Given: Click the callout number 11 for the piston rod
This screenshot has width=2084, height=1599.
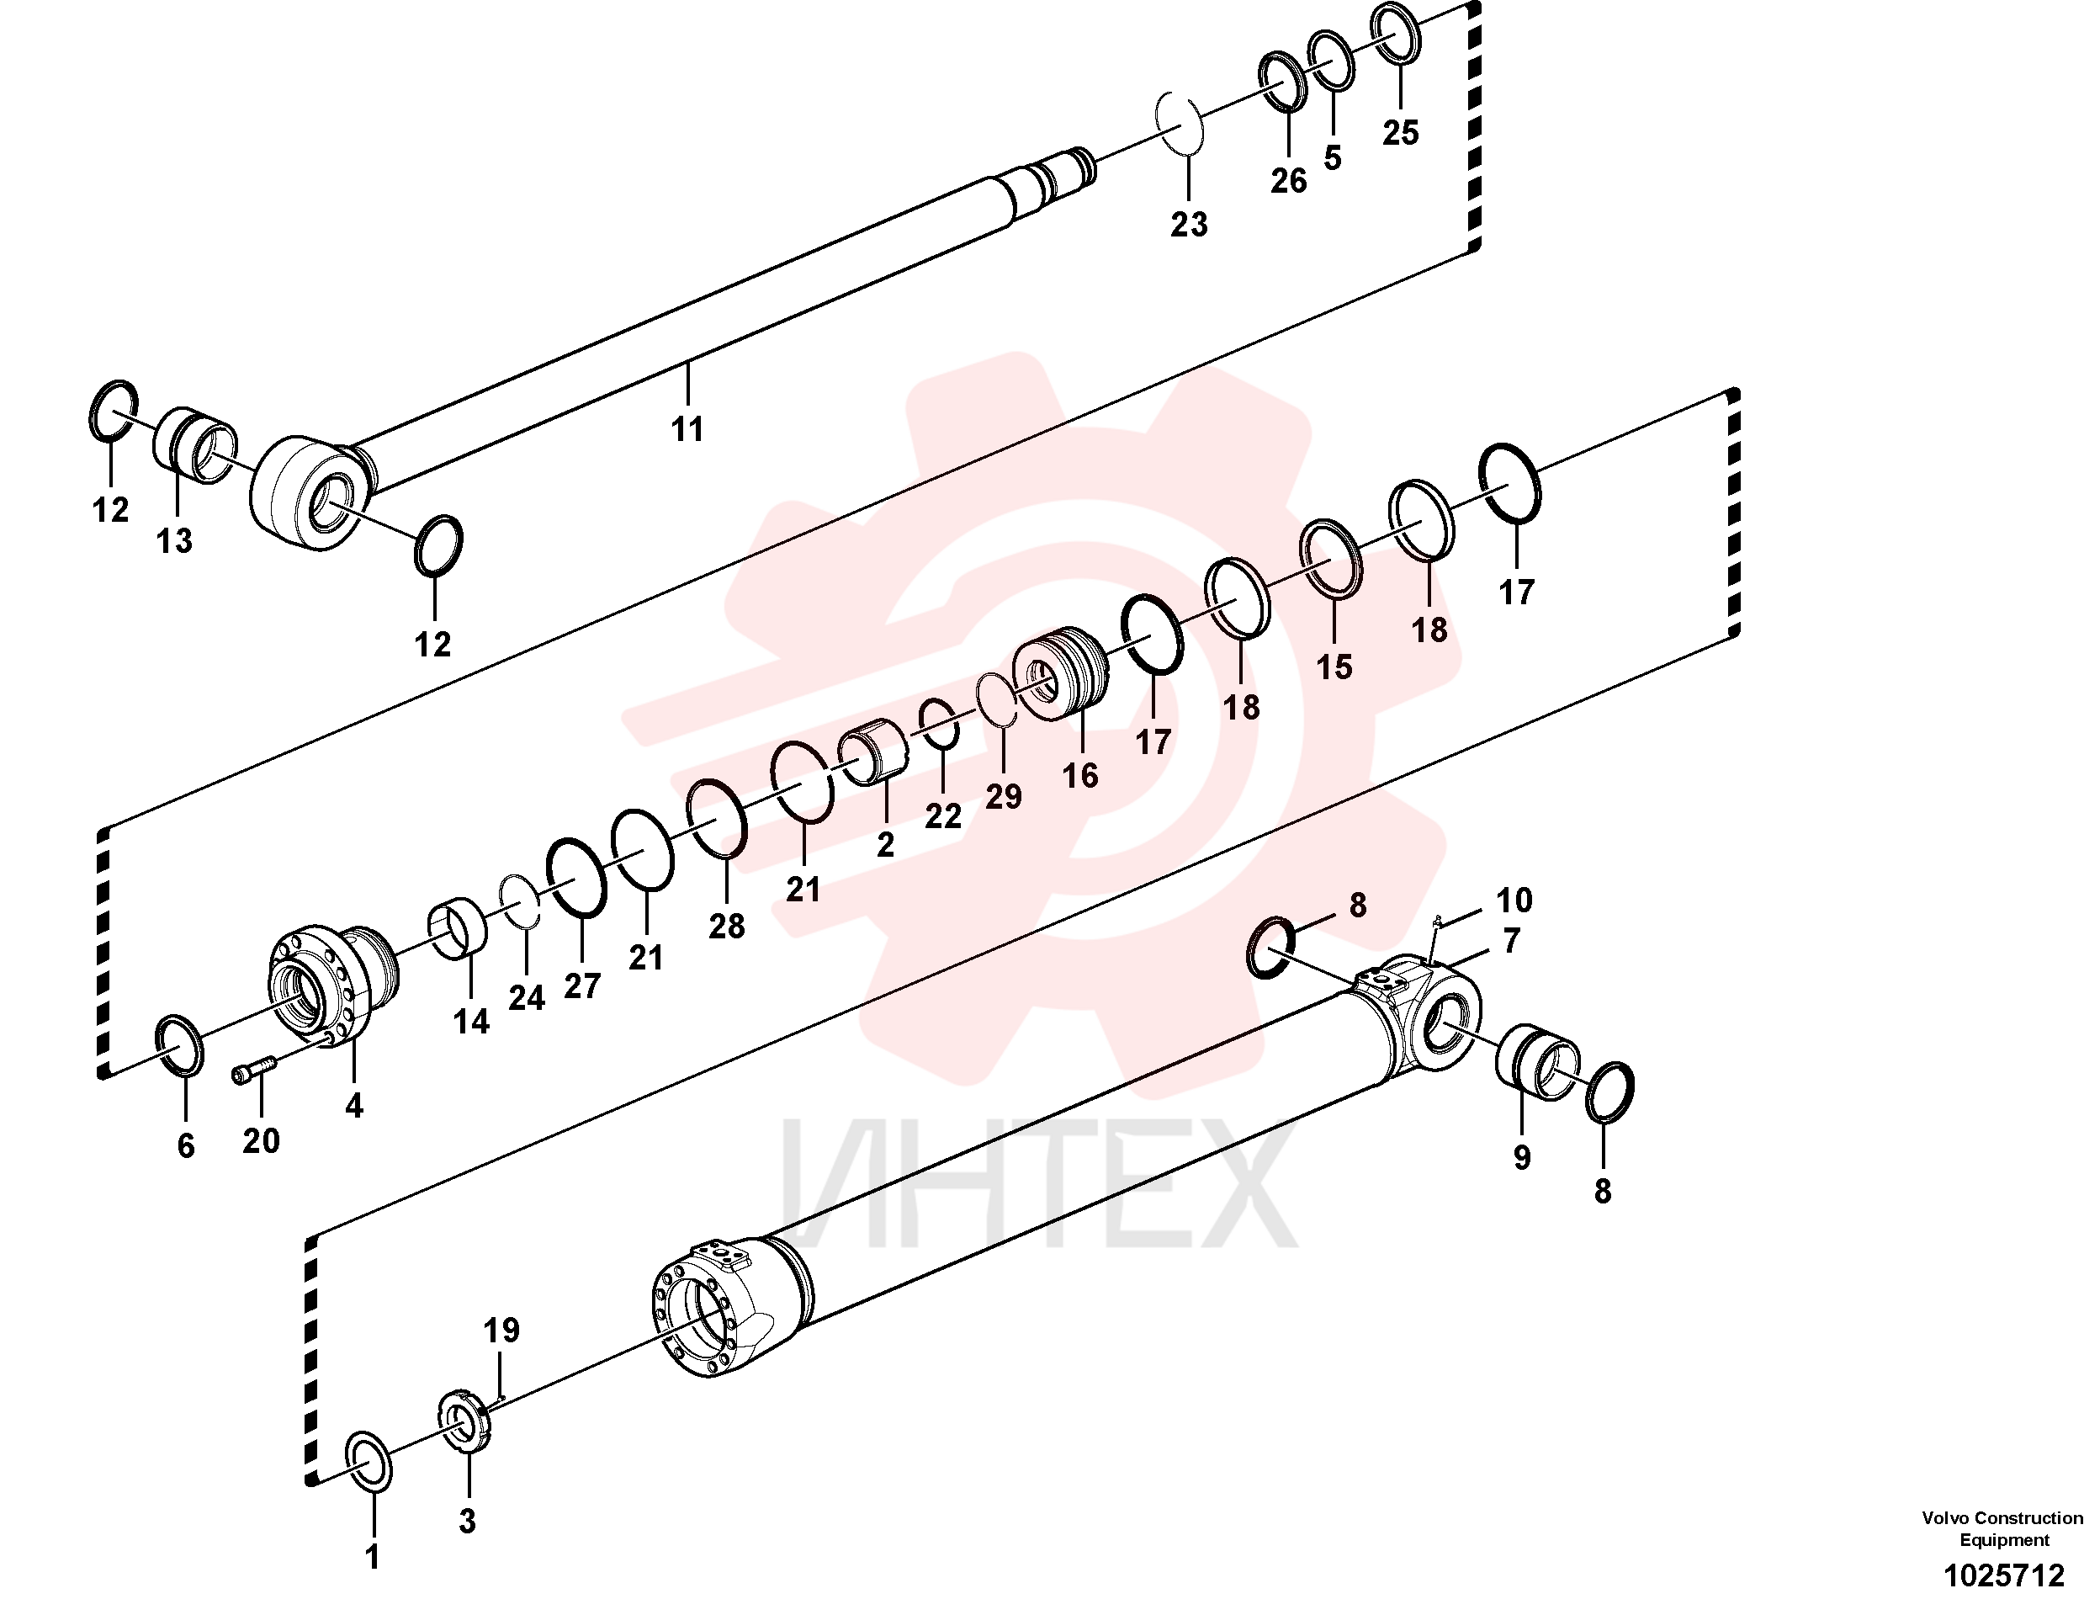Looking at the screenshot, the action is pos(687,429).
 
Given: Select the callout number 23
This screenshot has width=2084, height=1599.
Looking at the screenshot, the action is pos(1189,225).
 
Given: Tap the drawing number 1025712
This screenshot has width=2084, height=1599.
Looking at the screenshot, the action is pos(2003,1575).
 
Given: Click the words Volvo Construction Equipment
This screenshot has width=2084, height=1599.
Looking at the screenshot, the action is pos(2002,1528).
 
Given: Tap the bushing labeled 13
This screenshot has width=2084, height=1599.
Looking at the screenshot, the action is pos(195,445).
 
